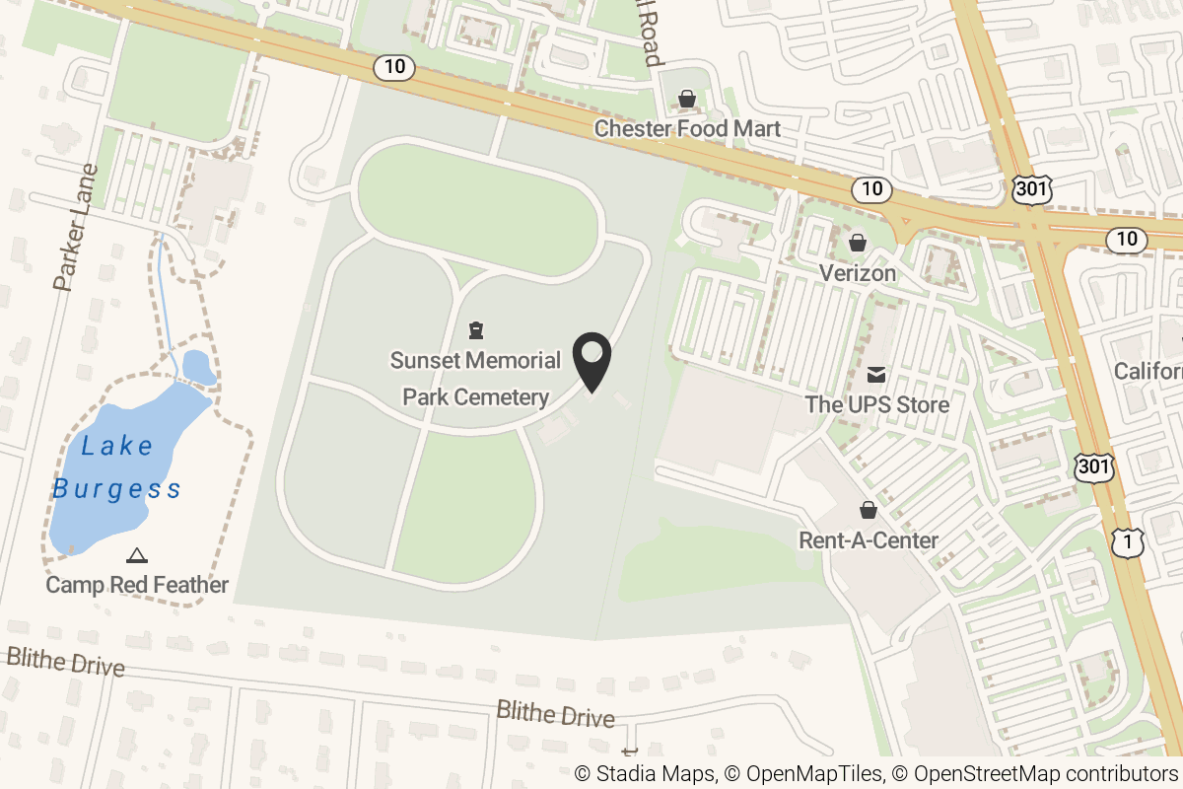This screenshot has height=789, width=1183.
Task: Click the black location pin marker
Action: [x=591, y=361]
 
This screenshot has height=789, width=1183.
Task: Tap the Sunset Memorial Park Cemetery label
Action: [x=475, y=379]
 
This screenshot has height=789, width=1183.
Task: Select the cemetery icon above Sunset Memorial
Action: [x=476, y=329]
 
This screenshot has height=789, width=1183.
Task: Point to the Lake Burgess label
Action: [x=116, y=467]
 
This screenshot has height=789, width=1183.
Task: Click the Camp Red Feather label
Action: [x=137, y=585]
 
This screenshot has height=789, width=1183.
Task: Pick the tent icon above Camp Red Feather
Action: [x=136, y=556]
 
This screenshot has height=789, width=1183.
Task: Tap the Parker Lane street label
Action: [x=77, y=228]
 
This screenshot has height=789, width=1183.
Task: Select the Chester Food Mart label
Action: [x=687, y=128]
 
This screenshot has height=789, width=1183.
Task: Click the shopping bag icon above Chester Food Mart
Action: [x=686, y=99]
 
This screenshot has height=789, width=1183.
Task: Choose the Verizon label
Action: [x=858, y=273]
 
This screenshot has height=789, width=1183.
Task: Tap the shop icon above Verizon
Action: [x=858, y=243]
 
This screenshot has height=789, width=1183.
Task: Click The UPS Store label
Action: [x=876, y=404]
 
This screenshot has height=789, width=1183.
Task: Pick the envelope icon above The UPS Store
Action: [x=875, y=375]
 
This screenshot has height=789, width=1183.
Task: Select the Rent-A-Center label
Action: [x=868, y=540]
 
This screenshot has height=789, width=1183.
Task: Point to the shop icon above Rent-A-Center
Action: [x=868, y=510]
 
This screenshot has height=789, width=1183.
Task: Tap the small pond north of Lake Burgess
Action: [x=198, y=366]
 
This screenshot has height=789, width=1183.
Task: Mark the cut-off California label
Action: [x=1148, y=371]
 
